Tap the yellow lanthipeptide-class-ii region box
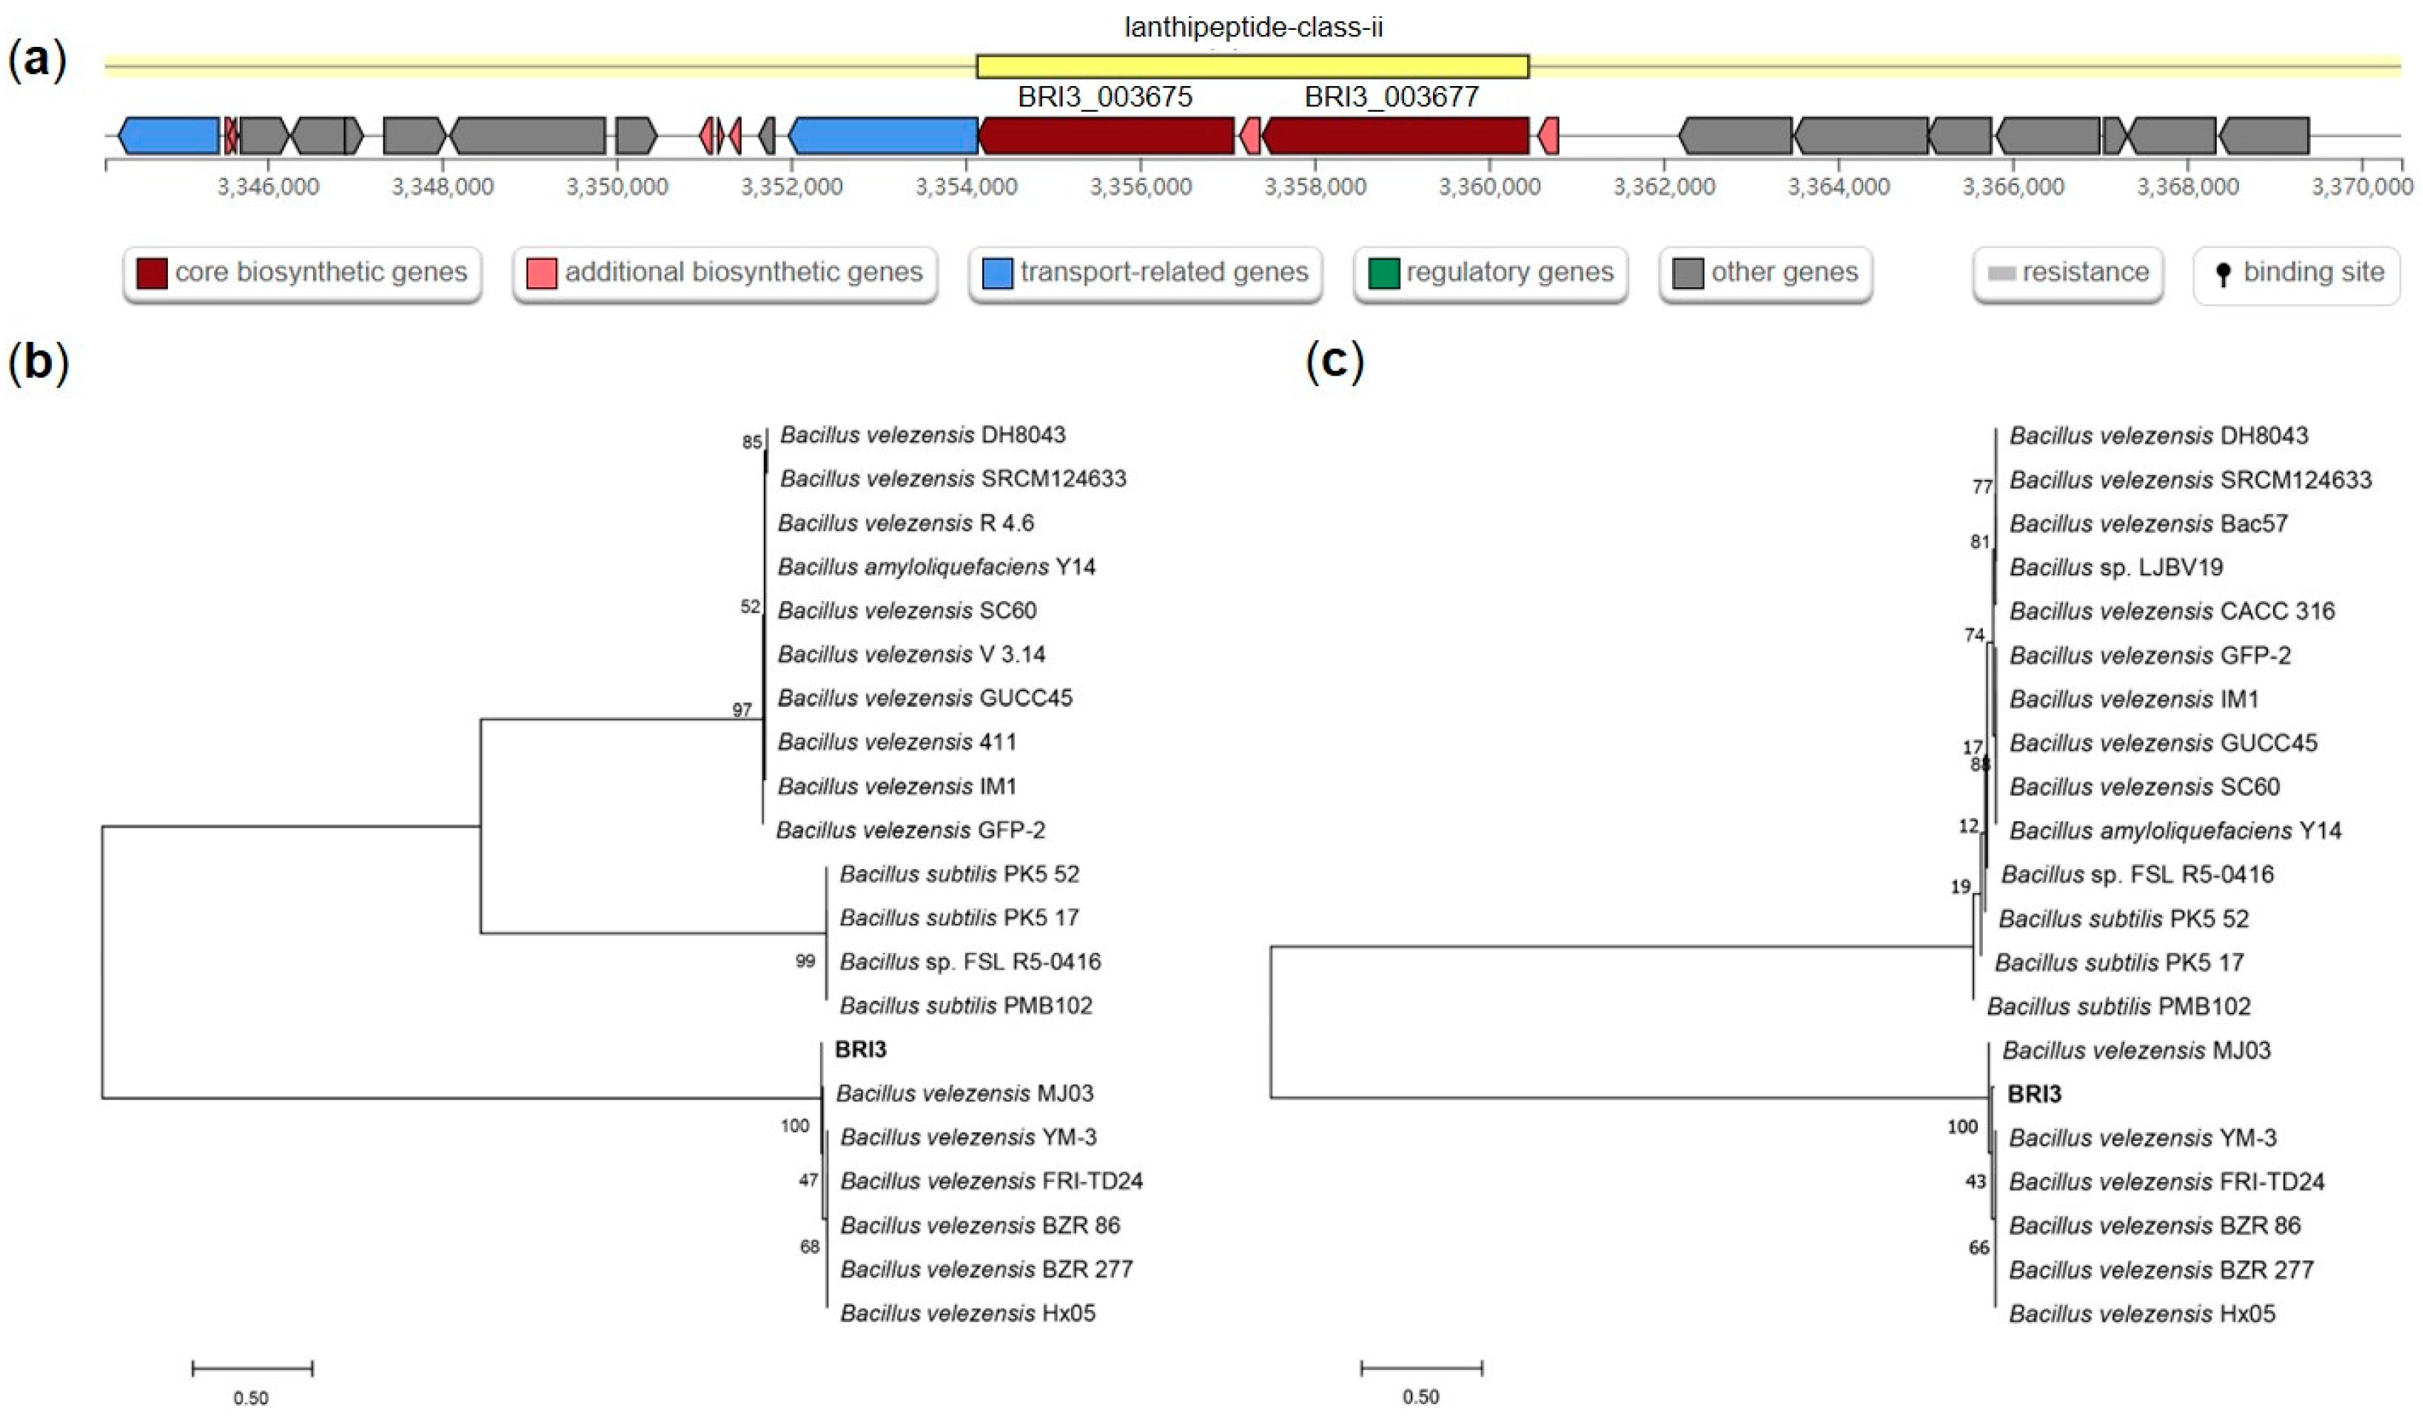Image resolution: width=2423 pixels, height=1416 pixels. point(1252,66)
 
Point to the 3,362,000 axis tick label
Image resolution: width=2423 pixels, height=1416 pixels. point(1663,186)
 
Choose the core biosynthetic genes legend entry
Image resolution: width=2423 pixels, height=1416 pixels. point(302,273)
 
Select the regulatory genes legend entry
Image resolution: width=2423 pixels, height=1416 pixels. point(1491,273)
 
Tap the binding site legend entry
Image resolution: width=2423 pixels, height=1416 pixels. point(2296,273)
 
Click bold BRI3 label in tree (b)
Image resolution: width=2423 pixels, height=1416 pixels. point(861,1049)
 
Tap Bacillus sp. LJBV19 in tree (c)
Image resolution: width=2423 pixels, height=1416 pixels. point(2116,567)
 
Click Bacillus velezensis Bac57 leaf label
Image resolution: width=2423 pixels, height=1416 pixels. point(2148,524)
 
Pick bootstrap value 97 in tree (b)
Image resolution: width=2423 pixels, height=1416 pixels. point(741,710)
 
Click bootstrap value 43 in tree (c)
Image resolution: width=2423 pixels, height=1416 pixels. point(1975,1181)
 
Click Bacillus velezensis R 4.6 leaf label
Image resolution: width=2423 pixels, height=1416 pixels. point(906,523)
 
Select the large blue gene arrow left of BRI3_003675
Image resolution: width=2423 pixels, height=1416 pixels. point(883,136)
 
